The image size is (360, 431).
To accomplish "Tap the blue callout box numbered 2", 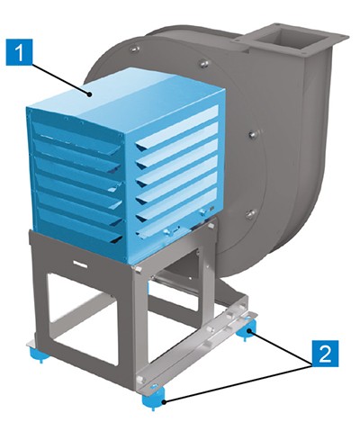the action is (325, 354).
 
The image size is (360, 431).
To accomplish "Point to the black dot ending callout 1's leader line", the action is (89, 94).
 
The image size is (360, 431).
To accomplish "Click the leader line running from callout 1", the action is (60, 79).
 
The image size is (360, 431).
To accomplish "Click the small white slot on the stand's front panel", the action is (80, 265).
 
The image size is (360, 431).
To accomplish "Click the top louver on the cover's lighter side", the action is (177, 129).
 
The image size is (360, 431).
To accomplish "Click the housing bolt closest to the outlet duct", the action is (204, 63).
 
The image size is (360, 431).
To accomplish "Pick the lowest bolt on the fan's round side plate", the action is (249, 214).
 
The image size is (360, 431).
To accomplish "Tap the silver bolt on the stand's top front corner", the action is (138, 270).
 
